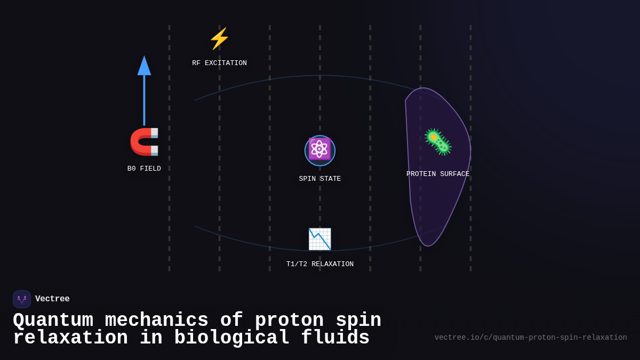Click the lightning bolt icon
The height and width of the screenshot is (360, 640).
click(219, 38)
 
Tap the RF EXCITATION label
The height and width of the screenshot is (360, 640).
click(219, 63)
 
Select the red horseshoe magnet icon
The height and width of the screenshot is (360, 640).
click(144, 141)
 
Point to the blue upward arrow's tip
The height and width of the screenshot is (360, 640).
click(144, 58)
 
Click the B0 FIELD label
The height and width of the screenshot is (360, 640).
click(144, 169)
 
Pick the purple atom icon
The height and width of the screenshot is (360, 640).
click(320, 149)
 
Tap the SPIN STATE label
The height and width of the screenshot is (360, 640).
click(320, 179)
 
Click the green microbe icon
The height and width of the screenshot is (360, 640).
click(438, 142)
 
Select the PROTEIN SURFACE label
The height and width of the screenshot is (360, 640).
click(438, 174)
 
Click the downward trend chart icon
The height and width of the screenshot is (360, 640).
click(320, 239)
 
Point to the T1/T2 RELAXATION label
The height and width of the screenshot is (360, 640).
click(320, 264)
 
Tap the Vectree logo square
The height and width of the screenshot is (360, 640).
click(22, 299)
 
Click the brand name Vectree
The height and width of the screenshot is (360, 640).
click(52, 299)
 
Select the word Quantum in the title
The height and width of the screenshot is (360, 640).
click(53, 321)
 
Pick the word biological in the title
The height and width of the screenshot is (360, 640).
click(231, 338)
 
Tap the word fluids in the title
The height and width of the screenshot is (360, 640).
click(335, 338)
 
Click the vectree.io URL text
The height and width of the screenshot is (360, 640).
click(531, 338)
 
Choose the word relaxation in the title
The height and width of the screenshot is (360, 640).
click(70, 338)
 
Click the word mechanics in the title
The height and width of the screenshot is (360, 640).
click(156, 321)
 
